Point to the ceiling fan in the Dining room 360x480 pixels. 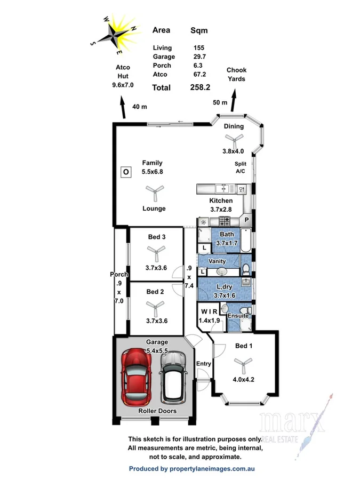[x=233, y=138]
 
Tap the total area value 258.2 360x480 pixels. [x=201, y=87]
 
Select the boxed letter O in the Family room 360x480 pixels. [x=126, y=172]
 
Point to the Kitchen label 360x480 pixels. [x=221, y=201]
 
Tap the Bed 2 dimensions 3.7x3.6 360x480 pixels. [x=156, y=321]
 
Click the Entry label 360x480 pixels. [x=204, y=364]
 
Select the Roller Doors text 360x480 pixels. [x=153, y=411]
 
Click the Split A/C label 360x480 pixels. [x=241, y=168]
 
